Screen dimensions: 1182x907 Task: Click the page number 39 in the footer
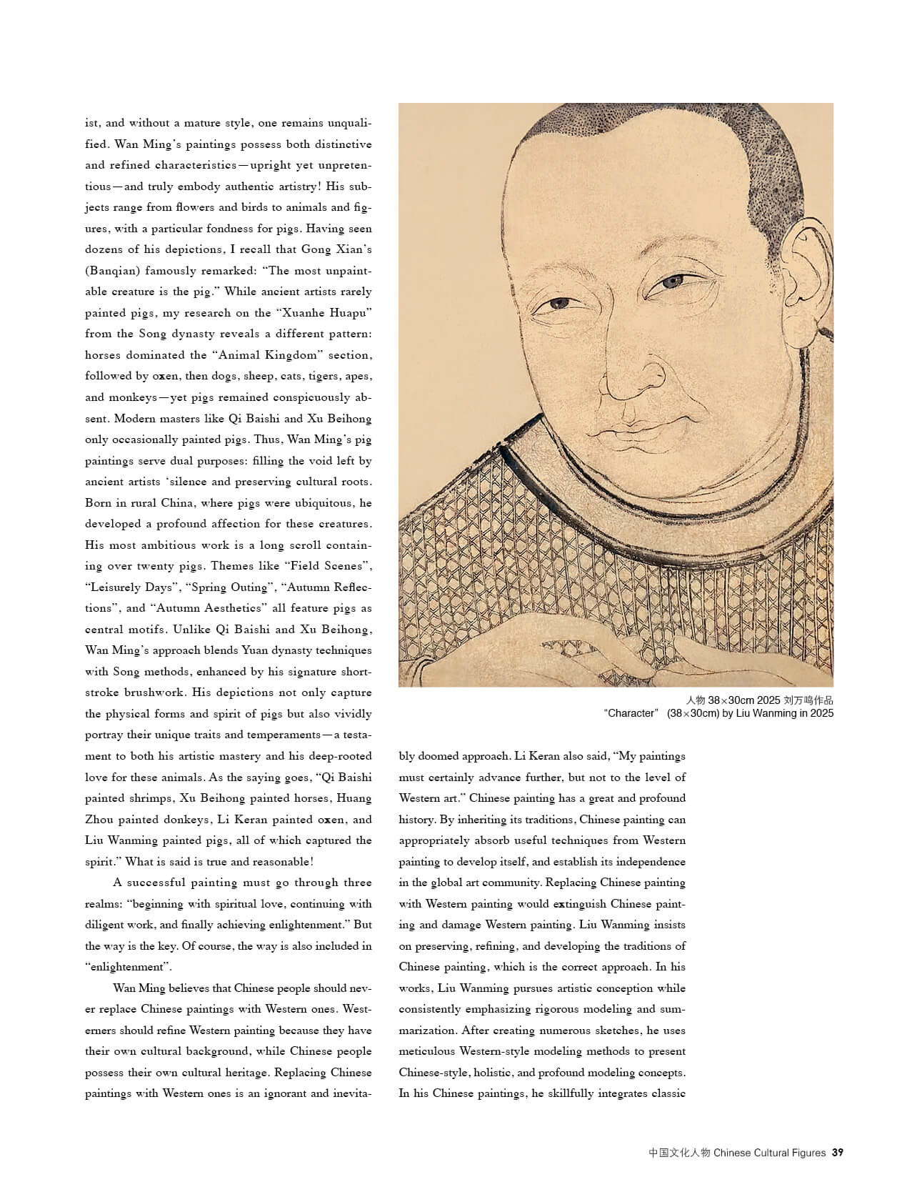tap(838, 1152)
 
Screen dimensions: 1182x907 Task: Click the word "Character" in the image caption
tap(629, 712)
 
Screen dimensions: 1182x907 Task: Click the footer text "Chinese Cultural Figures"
tap(770, 1152)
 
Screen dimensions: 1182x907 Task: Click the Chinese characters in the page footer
tap(679, 1152)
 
